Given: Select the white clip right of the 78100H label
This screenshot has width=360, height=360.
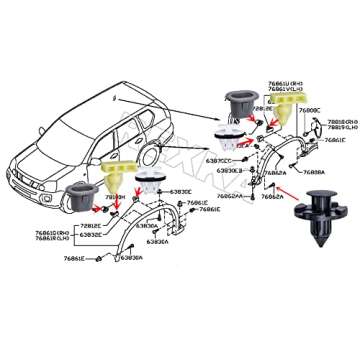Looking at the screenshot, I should pos(153,184).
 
